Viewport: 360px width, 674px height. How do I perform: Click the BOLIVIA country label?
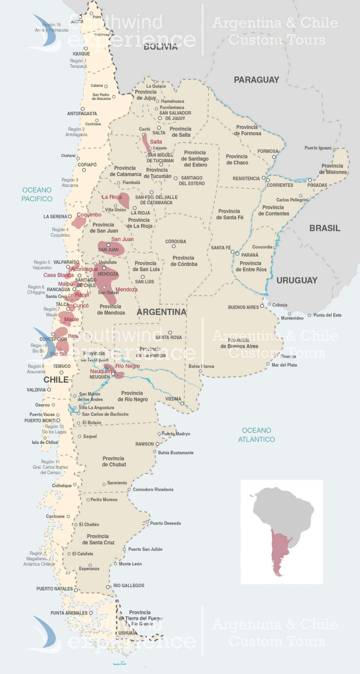tap(160, 47)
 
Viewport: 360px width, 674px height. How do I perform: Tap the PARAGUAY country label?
tap(256, 80)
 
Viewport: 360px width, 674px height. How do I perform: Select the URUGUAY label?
tap(296, 280)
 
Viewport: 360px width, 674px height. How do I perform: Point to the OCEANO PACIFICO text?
tap(37, 194)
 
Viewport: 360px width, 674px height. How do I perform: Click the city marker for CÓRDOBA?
tap(174, 246)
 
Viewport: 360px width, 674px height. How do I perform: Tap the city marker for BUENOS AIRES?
tap(262, 306)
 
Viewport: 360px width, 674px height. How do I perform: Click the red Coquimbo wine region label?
tap(89, 215)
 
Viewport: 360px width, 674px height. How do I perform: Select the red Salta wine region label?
tap(156, 142)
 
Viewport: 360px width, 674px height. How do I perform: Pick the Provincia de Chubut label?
tap(114, 461)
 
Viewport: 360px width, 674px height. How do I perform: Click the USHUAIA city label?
tap(128, 633)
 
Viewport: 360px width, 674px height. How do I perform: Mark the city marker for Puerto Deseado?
tap(147, 523)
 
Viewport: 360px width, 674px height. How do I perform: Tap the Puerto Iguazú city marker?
tap(334, 149)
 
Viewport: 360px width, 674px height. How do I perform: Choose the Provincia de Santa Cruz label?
tap(98, 539)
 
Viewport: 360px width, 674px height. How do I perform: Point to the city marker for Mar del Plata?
tap(268, 364)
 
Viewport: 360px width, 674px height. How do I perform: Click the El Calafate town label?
tap(83, 554)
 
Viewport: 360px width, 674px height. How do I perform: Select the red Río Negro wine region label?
tap(127, 366)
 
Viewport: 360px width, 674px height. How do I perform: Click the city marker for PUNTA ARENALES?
tap(91, 613)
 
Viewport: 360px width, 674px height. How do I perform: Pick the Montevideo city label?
tap(292, 318)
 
